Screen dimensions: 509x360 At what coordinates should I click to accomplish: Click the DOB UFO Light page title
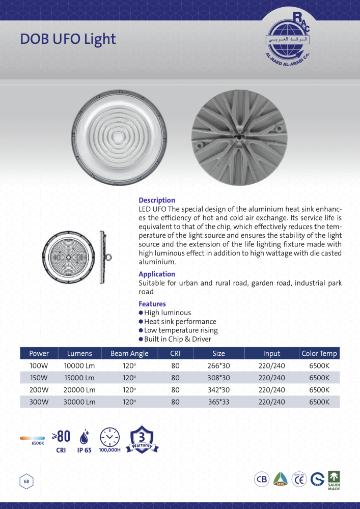point(68,39)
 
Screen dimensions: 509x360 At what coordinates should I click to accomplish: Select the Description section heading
point(157,200)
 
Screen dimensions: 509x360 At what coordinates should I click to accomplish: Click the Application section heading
point(157,274)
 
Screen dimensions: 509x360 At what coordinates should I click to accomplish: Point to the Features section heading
point(152,304)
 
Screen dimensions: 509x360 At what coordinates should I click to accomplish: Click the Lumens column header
point(79,353)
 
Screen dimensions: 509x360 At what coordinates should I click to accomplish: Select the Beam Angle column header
point(129,353)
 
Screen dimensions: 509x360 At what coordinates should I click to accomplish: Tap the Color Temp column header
point(319,353)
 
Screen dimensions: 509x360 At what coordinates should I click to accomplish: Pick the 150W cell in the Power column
point(39,378)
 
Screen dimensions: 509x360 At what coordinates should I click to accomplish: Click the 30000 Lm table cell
point(79,402)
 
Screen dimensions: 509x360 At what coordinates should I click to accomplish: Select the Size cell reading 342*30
point(218,390)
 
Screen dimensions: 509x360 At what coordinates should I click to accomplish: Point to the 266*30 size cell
point(218,365)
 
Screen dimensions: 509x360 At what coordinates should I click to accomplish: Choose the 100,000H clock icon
point(109,437)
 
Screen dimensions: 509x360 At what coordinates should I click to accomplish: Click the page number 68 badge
point(26,482)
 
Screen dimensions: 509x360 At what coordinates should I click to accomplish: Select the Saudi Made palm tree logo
point(334,479)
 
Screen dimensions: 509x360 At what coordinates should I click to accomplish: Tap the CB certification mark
point(262,479)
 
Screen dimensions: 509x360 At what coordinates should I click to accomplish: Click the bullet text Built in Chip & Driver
point(177,339)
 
